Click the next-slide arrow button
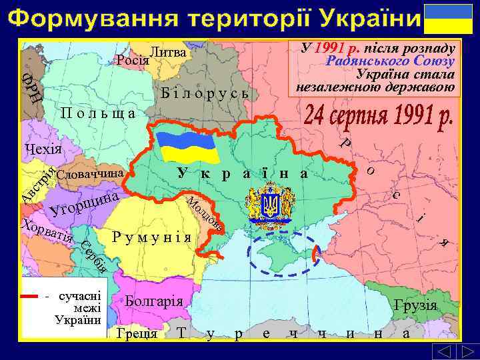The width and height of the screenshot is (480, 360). [464, 351]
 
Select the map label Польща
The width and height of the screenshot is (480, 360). [98, 112]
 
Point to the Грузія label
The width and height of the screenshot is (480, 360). [415, 306]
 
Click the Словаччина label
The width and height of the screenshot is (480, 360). [91, 174]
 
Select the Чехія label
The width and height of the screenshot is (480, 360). [41, 148]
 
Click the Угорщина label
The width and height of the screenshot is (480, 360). [83, 204]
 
